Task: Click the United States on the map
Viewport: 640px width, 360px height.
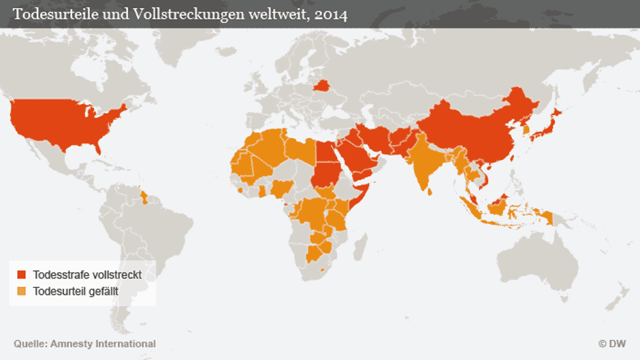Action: [x=65, y=126]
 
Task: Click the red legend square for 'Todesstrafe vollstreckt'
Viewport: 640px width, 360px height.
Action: [x=21, y=275]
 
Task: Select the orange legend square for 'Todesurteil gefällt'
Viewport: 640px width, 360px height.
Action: [x=21, y=291]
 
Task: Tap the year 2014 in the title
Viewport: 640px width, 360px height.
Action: [x=330, y=14]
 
